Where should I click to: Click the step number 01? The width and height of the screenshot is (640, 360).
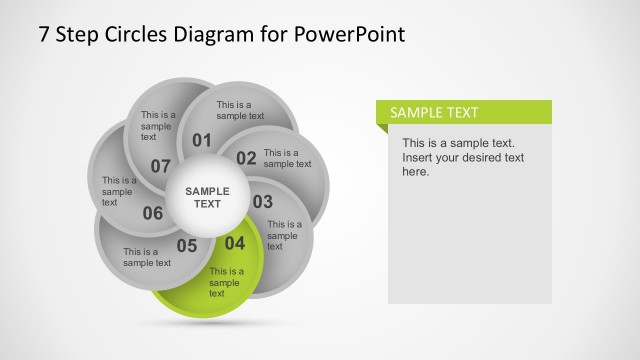coord(202,140)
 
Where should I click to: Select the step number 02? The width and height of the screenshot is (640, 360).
coord(246,157)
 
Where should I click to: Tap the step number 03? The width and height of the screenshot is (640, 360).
coord(262,202)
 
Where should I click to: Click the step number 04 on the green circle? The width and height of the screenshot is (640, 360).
coord(234,243)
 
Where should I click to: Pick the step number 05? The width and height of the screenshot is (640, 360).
coord(187,245)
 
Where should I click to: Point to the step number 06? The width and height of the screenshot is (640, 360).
coord(153,213)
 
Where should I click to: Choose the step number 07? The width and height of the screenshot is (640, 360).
coord(161,165)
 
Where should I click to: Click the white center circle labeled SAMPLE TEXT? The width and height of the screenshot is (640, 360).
coord(207,197)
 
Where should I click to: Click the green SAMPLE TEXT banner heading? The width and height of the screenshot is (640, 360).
coord(434,113)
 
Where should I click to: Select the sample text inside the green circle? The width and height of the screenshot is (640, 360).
coord(226,282)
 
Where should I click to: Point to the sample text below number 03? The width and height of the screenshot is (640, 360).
coord(284,235)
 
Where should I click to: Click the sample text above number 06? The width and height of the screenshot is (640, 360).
coord(119,186)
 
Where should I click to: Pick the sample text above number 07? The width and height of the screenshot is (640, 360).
coord(157,126)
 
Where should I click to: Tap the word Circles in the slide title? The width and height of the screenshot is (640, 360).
coord(135,34)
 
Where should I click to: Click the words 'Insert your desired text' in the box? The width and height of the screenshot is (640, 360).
coord(463,158)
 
